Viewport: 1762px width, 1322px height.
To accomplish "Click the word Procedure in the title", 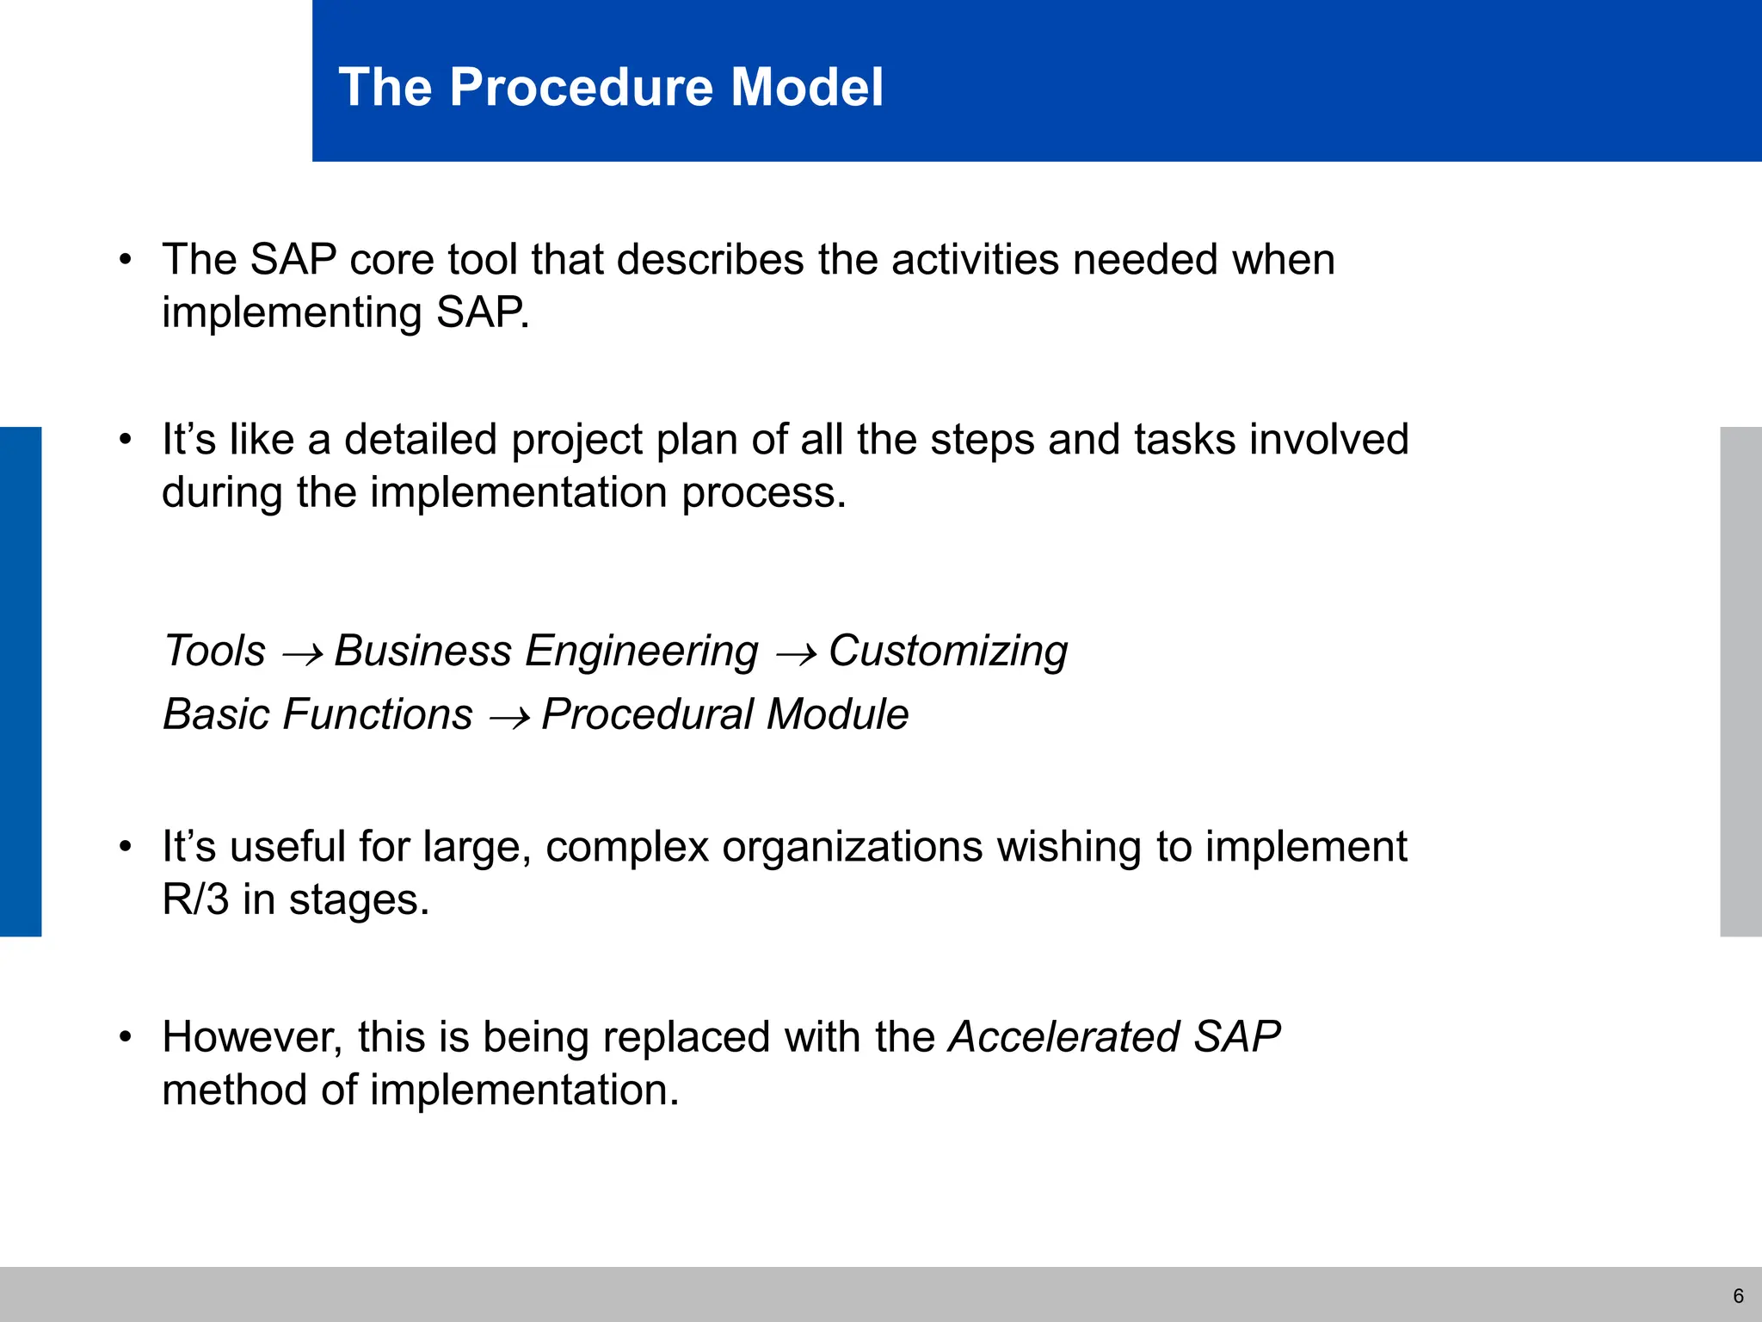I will tap(582, 87).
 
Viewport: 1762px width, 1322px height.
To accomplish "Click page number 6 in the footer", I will tap(1738, 1296).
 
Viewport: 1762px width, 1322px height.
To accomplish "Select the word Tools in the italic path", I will tap(214, 651).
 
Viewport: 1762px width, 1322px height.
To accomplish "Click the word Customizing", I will tap(947, 651).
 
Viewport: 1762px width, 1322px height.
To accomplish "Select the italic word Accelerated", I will tap(1063, 1036).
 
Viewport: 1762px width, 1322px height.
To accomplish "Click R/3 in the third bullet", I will tap(195, 900).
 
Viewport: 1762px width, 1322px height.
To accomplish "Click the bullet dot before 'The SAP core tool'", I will tap(126, 259).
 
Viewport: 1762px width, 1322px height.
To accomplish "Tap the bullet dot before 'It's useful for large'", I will tap(126, 847).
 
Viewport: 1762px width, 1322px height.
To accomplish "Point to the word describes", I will tap(710, 259).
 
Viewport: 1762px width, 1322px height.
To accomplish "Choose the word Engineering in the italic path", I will tap(641, 651).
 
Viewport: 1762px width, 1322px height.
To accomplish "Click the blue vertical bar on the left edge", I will tap(21, 681).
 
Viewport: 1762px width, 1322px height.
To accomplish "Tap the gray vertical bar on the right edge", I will tap(1740, 681).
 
